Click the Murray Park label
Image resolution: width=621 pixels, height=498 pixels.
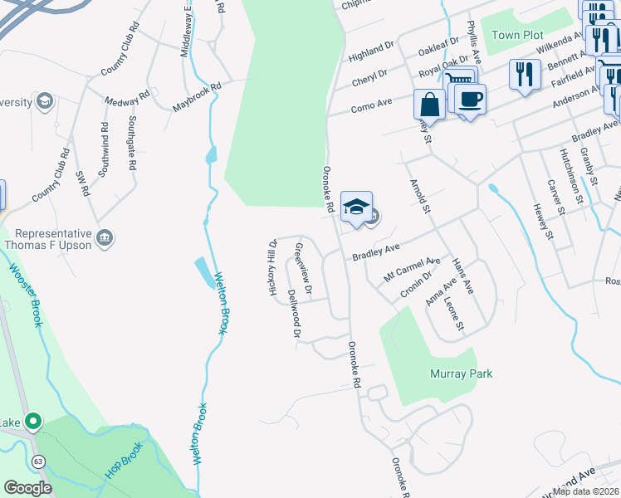point(461,373)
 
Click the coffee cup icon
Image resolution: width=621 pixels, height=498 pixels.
point(470,99)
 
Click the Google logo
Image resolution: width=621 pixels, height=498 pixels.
point(28,488)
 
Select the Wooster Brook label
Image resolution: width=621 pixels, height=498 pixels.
point(25,295)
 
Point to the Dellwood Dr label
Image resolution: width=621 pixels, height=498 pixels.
point(293,314)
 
